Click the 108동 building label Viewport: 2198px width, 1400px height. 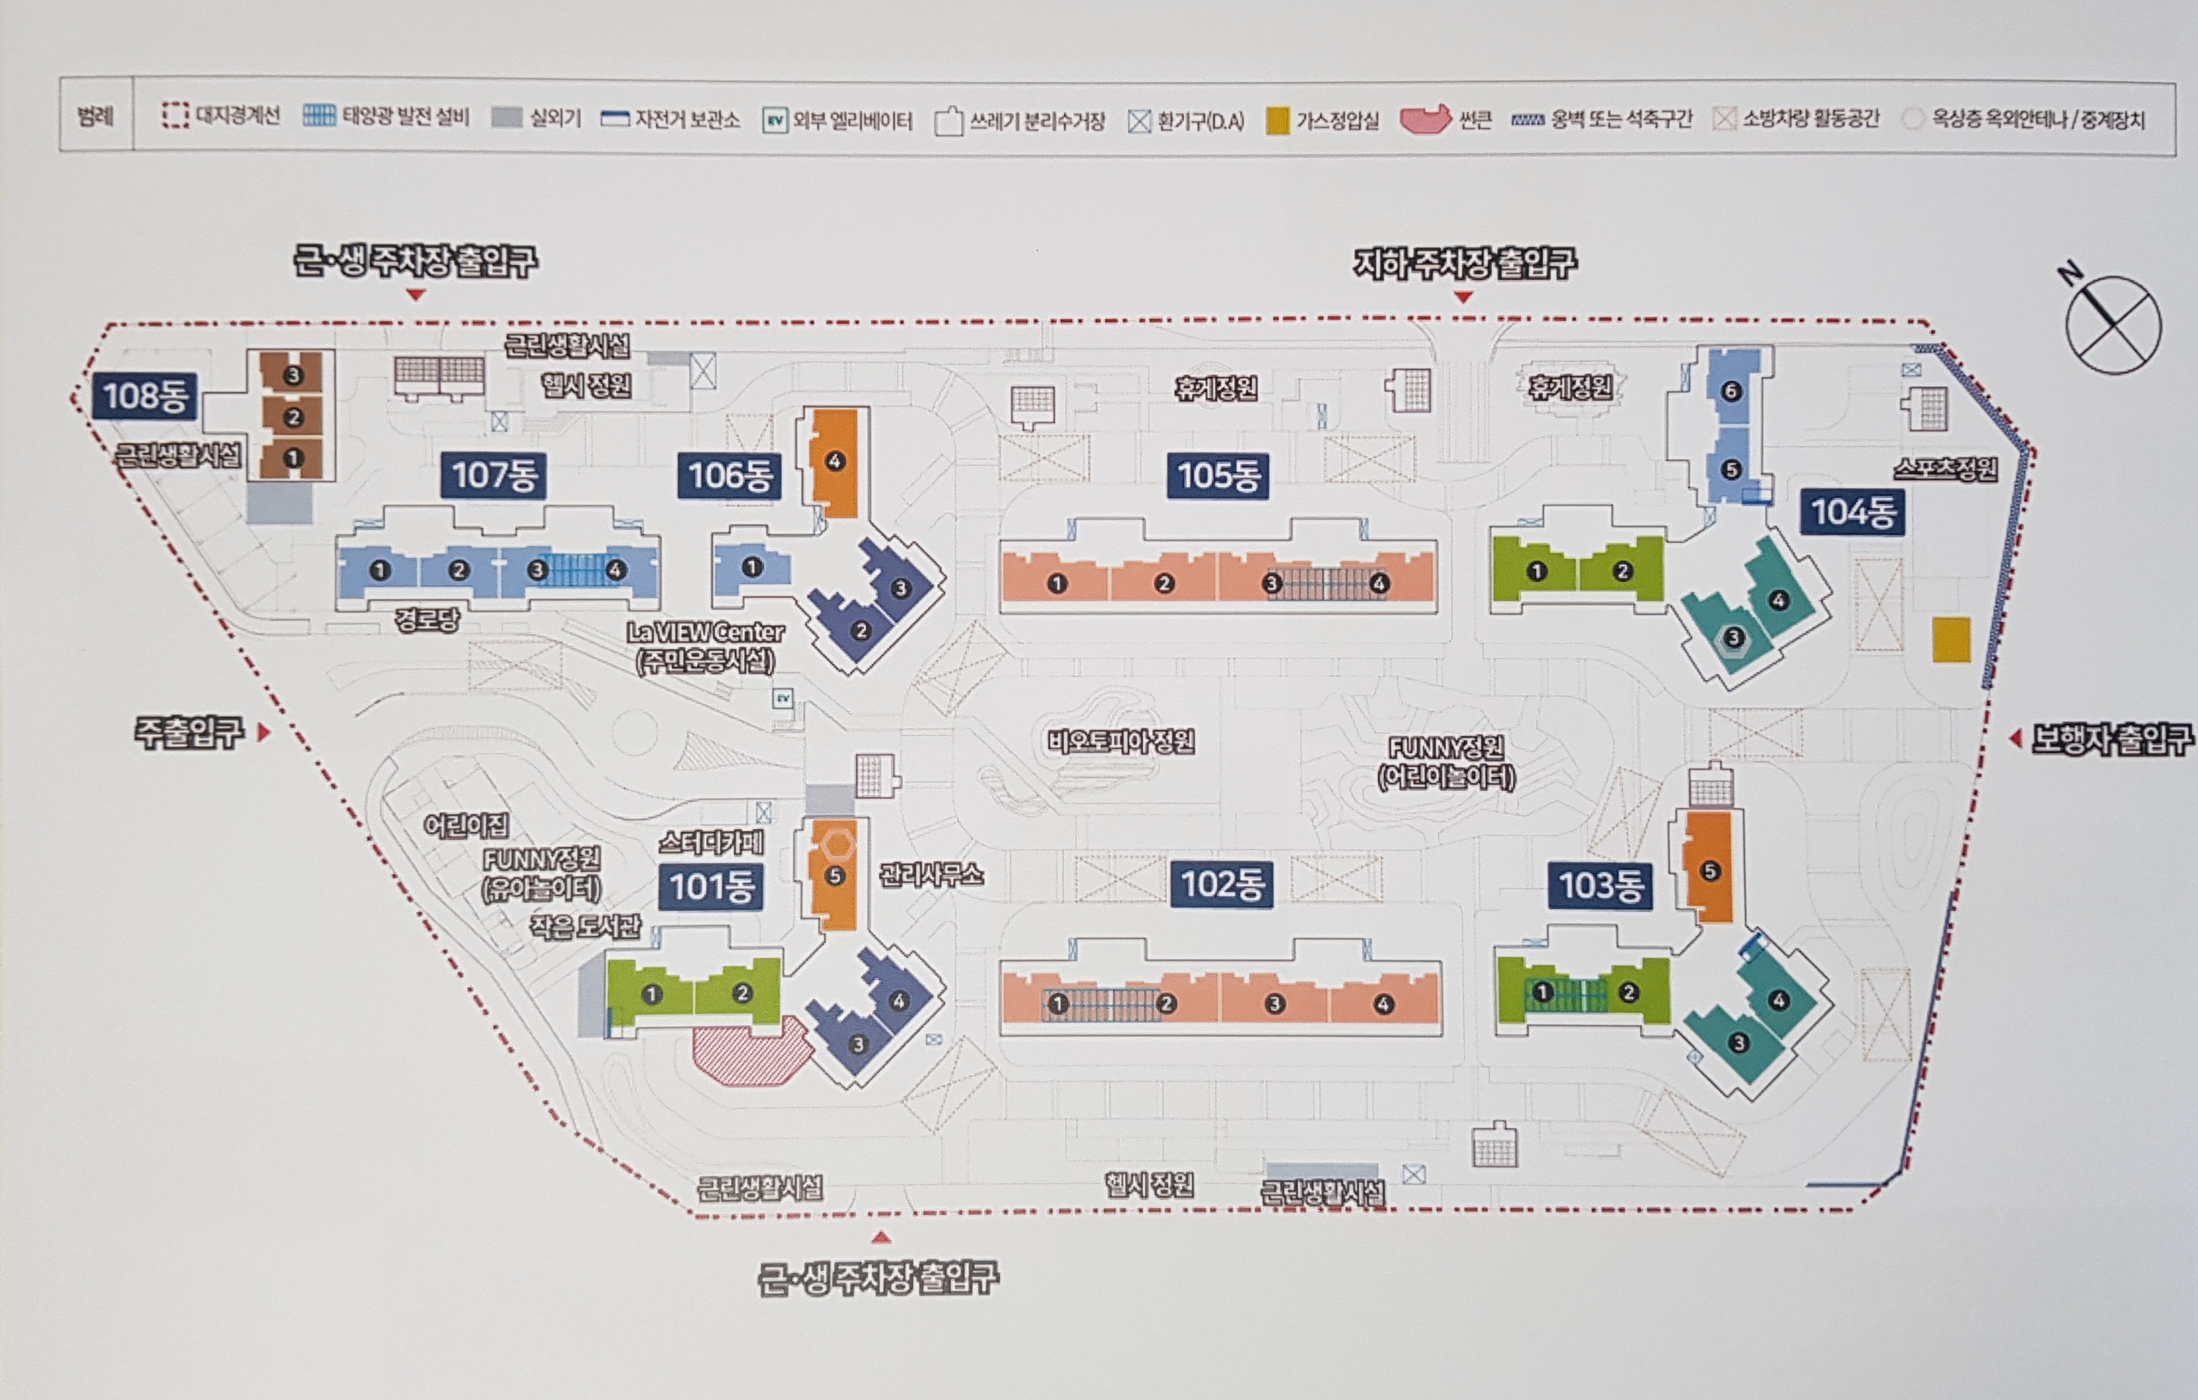pyautogui.click(x=144, y=396)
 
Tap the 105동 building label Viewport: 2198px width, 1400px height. pyautogui.click(x=1217, y=475)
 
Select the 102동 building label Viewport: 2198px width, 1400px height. pyautogui.click(x=1222, y=884)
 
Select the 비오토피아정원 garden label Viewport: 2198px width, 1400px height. pyautogui.click(x=1121, y=741)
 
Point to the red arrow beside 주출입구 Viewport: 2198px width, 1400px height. pyautogui.click(x=264, y=732)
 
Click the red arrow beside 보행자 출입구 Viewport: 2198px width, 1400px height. pyautogui.click(x=2016, y=738)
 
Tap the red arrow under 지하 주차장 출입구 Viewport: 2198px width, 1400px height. pyautogui.click(x=1463, y=296)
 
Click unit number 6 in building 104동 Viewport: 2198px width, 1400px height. pyautogui.click(x=1731, y=391)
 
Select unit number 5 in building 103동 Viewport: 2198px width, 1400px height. pyautogui.click(x=1710, y=871)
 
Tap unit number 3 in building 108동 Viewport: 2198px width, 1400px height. pyautogui.click(x=292, y=375)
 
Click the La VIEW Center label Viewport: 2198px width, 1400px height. pyautogui.click(x=705, y=632)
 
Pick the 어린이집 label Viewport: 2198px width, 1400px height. pyautogui.click(x=466, y=826)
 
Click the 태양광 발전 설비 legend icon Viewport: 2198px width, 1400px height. pyautogui.click(x=320, y=116)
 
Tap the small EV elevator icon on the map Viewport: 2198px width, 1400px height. pyautogui.click(x=783, y=699)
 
